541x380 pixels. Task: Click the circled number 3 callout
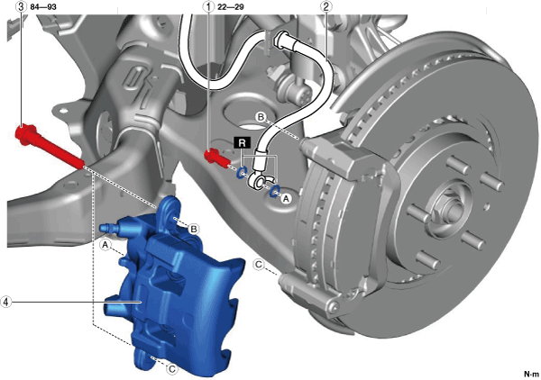click(21, 6)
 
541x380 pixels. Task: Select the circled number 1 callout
click(208, 6)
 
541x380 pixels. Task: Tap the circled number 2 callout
click(326, 6)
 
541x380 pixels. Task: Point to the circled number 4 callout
click(5, 302)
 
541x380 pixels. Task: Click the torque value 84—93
click(43, 7)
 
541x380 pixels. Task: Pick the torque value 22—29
click(231, 7)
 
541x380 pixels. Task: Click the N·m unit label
click(531, 374)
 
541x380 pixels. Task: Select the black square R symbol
click(243, 142)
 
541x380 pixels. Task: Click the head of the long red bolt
click(25, 134)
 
